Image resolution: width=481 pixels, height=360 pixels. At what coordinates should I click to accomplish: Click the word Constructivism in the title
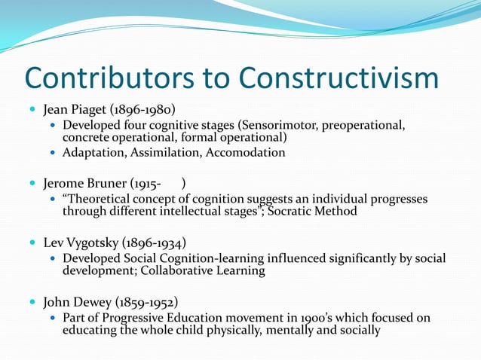(338, 78)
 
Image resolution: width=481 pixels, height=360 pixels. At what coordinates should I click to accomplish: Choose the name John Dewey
(76, 303)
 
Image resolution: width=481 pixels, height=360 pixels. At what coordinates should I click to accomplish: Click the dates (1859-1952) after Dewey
(146, 303)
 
